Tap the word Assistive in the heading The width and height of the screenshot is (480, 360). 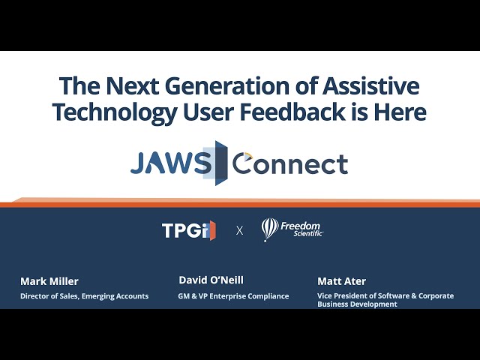[x=371, y=85]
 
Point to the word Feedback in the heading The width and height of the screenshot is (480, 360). [x=292, y=112]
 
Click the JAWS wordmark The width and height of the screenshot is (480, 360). [x=171, y=163]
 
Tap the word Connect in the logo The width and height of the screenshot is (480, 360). [x=290, y=163]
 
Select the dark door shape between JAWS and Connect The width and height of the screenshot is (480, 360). [x=221, y=163]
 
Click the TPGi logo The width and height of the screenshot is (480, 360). [x=189, y=229]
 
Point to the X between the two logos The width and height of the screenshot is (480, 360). [x=240, y=230]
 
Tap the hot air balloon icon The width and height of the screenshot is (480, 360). [x=270, y=229]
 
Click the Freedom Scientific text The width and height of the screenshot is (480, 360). [x=301, y=229]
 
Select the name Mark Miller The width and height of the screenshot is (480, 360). [x=49, y=281]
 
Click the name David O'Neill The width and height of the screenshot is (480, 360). [x=211, y=280]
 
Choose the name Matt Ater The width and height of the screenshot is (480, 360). [x=342, y=281]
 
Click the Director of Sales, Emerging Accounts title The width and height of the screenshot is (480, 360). [x=85, y=296]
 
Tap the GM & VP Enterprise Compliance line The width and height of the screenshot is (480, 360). [x=233, y=296]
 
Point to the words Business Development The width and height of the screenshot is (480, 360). [x=357, y=304]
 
